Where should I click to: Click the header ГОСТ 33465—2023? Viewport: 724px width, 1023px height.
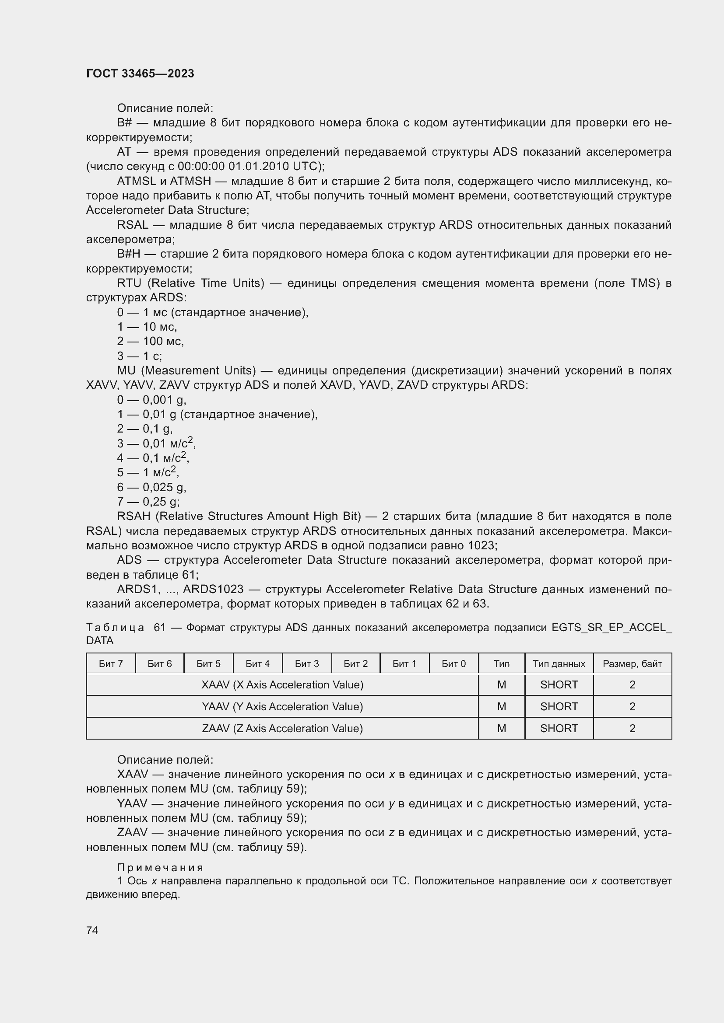(140, 73)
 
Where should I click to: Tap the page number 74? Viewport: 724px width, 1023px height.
(92, 930)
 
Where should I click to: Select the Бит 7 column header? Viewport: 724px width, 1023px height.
(111, 663)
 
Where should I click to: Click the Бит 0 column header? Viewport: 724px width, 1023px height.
(453, 663)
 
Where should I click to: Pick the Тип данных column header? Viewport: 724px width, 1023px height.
(559, 663)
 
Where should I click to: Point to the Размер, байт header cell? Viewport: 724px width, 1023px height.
(632, 663)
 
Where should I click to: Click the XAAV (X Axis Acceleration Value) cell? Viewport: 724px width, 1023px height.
(282, 685)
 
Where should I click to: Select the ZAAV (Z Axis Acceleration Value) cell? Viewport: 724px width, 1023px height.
(282, 729)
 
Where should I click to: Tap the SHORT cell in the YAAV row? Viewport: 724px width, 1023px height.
(559, 707)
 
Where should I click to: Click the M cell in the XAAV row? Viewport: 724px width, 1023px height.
(501, 685)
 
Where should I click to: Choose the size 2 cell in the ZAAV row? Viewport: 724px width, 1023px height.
(632, 729)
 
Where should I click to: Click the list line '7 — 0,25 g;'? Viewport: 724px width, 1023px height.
(148, 502)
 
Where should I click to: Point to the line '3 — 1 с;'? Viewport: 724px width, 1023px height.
(139, 356)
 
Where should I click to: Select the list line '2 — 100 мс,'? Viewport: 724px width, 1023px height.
(150, 341)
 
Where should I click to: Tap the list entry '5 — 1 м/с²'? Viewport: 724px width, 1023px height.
(148, 472)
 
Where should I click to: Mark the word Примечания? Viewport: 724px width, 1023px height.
(160, 867)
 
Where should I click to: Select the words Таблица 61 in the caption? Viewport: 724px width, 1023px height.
(126, 627)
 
